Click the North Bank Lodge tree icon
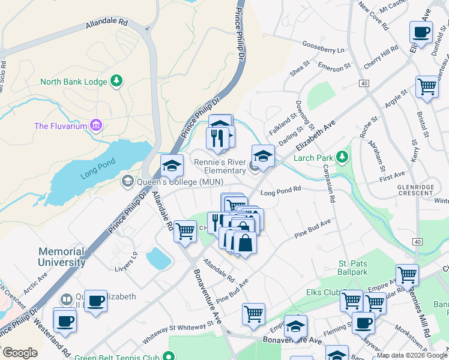coord(118,81)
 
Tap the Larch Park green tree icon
coord(342,157)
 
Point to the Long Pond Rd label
coord(280,193)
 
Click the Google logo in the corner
coord(20,353)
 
